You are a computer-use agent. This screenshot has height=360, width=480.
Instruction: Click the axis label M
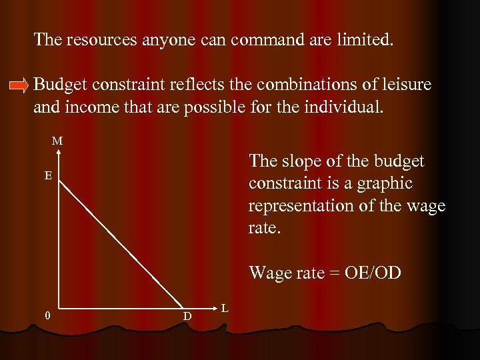58,141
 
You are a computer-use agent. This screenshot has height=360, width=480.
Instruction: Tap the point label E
49,176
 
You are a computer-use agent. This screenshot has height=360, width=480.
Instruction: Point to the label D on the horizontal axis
187,315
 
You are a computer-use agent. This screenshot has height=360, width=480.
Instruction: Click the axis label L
225,307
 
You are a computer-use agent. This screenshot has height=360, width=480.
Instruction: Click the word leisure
406,85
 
